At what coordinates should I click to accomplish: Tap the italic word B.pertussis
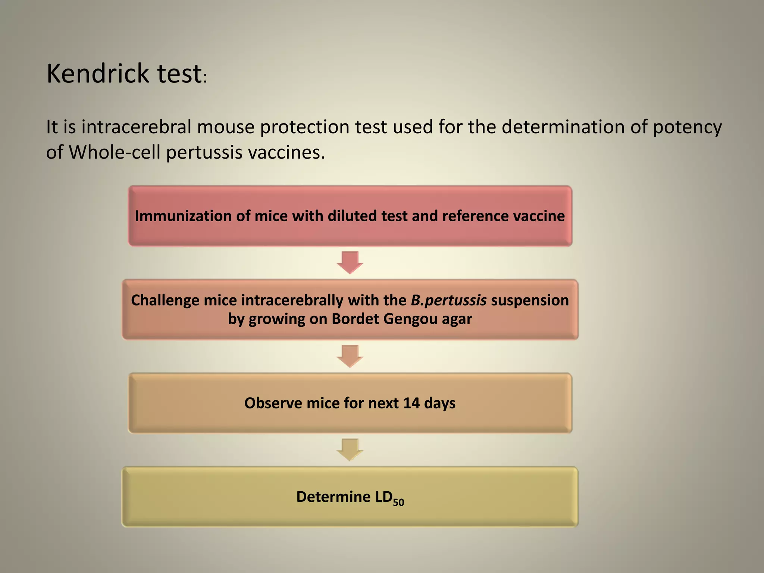pyautogui.click(x=448, y=300)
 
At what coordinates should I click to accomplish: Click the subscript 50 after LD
pyautogui.click(x=398, y=502)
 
